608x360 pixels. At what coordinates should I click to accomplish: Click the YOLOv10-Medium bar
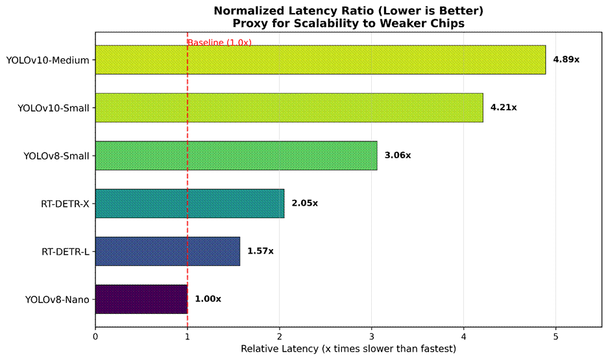[321, 60]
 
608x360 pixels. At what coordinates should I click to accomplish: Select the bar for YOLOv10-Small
[289, 108]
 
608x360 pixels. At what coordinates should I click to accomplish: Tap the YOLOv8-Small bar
[236, 156]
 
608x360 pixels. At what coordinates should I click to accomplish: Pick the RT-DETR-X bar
[189, 203]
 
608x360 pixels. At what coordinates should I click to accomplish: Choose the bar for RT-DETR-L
[167, 251]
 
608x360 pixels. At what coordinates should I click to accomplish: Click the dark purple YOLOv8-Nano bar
[141, 299]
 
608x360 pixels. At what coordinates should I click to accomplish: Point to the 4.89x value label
[566, 60]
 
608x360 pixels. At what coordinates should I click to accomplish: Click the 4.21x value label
[504, 108]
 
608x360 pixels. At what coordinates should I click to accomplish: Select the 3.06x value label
[398, 156]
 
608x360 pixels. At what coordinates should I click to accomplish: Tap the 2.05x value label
[304, 203]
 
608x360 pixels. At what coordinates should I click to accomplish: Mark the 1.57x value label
[260, 251]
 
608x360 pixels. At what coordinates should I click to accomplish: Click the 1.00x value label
[208, 299]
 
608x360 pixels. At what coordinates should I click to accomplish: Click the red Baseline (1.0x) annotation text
[219, 43]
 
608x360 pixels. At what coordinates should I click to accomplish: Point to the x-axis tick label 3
[372, 336]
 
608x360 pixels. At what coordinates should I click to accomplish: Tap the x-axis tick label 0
[95, 336]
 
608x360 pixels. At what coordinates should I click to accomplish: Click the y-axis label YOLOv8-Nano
[56, 300]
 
